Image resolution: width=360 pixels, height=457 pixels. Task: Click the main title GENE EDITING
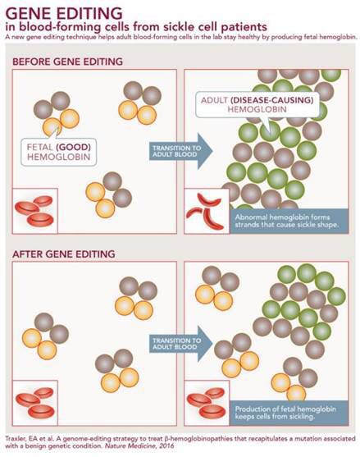point(64,13)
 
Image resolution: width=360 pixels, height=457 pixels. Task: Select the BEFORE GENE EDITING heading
point(67,62)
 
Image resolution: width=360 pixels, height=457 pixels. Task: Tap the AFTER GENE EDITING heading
point(63,254)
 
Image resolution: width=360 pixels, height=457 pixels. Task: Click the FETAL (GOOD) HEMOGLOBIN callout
point(58,152)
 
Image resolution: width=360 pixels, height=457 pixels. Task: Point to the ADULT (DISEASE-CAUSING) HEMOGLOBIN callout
point(257,105)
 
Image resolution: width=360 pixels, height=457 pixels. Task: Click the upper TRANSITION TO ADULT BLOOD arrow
point(181,151)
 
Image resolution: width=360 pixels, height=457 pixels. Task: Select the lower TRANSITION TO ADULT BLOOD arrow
point(181,344)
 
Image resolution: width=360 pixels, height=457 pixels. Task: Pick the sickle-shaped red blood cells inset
point(205,211)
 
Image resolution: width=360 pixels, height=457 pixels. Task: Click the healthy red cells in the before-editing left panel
point(34,211)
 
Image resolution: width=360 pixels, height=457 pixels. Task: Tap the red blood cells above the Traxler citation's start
point(35,403)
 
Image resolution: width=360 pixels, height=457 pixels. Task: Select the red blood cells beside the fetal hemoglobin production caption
point(207,403)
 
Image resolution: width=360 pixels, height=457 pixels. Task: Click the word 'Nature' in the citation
point(115,446)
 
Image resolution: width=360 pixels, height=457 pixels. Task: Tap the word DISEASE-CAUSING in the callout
point(272,100)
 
